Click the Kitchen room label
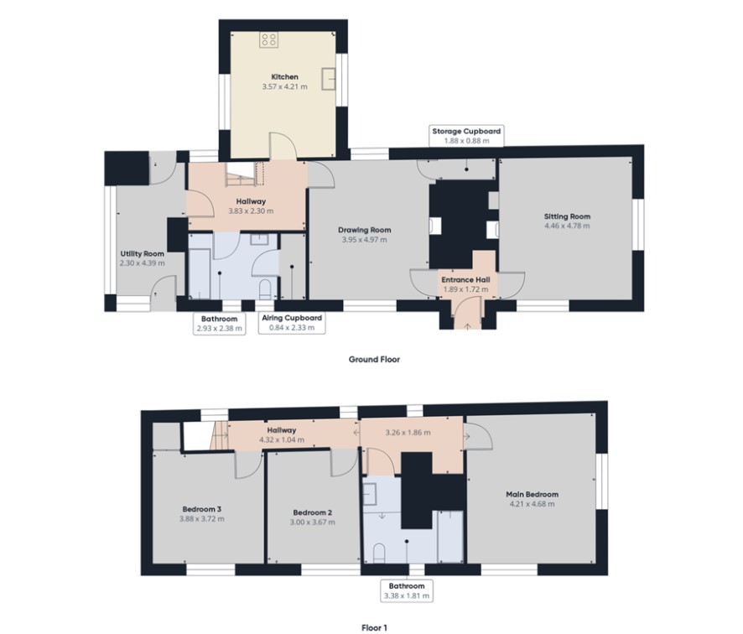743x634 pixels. point(284,77)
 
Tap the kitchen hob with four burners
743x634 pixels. point(268,39)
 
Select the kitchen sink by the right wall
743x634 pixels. point(329,79)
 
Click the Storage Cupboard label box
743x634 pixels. point(466,136)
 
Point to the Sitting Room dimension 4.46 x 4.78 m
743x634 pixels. point(567,226)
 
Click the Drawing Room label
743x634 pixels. point(365,230)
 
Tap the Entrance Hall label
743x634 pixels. point(465,279)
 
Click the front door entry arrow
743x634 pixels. point(467,326)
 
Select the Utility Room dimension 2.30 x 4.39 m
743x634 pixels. point(143,263)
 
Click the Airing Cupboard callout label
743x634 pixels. point(292,323)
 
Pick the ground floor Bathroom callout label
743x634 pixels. point(219,324)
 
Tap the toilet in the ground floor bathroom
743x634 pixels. point(265,289)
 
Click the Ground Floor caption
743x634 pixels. point(374,359)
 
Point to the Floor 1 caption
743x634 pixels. point(374,628)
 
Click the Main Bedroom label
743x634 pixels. point(533,494)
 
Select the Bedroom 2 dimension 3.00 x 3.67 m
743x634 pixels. point(312,522)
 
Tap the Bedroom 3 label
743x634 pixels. point(202,509)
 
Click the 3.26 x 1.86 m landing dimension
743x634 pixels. point(408,433)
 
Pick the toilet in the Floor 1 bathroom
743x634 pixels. point(379,553)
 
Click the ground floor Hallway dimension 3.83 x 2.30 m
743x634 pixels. point(251,210)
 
